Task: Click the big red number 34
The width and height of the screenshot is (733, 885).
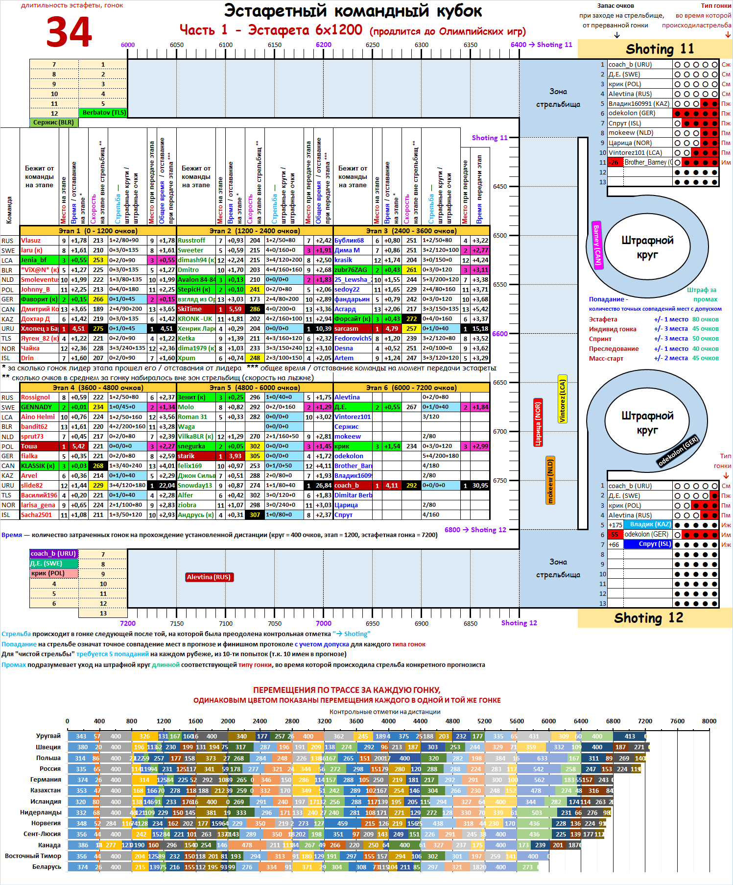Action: tap(69, 32)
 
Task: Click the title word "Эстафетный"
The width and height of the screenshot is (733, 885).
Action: tap(275, 11)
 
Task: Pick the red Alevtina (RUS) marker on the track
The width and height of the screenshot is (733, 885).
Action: tap(209, 577)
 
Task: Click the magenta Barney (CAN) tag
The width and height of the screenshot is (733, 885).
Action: tap(597, 245)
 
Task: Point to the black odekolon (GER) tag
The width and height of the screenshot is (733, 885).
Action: tap(678, 451)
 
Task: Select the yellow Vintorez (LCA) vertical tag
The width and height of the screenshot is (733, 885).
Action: tap(563, 401)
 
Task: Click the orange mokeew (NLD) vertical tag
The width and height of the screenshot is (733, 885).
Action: tap(550, 481)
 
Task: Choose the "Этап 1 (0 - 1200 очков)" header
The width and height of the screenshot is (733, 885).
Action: tap(98, 231)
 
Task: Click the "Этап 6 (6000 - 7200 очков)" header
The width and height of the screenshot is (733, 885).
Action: tap(411, 388)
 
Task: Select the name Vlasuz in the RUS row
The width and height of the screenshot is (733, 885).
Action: tap(31, 241)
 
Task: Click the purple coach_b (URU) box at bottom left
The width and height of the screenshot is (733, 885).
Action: tap(53, 554)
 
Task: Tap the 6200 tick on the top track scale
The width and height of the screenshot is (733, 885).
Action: tap(323, 45)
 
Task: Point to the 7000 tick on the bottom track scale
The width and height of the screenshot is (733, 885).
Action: tap(323, 623)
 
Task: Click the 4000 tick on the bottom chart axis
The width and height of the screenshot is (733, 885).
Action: tap(388, 721)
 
